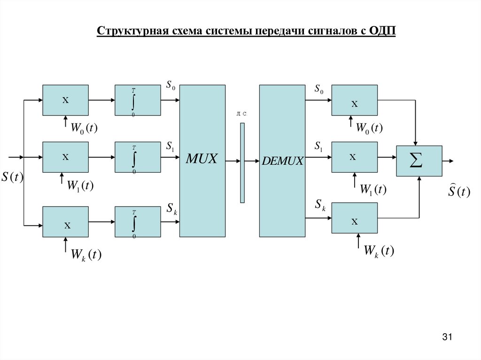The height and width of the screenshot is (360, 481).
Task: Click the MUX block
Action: [202, 161]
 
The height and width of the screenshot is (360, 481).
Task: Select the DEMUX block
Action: [282, 161]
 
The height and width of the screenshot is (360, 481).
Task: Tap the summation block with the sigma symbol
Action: [419, 161]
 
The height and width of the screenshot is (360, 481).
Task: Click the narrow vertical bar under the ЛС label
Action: [242, 162]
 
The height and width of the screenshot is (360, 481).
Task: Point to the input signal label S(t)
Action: [13, 177]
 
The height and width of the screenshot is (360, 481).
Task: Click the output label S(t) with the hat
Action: [458, 191]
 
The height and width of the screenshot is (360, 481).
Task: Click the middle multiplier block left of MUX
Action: [65, 157]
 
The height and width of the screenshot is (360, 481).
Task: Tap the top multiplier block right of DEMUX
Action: [354, 100]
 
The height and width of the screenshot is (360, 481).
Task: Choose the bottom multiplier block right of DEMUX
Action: [354, 218]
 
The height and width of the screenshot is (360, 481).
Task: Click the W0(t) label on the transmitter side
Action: [84, 128]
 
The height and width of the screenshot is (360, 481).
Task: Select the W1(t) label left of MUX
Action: [80, 186]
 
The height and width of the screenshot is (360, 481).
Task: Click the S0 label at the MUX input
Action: [171, 85]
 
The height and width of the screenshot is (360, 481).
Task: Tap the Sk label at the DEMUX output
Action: [320, 204]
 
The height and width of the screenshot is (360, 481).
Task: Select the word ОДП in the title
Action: [383, 31]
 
